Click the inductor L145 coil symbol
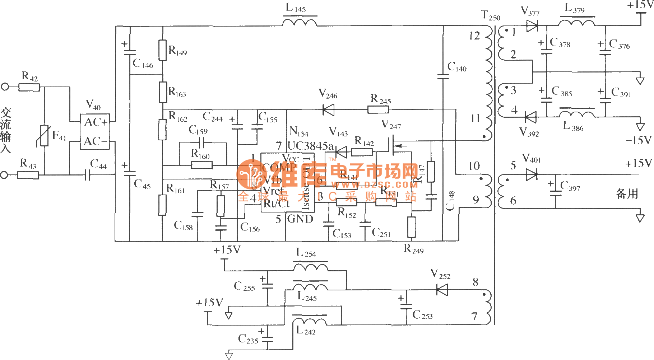tap(300, 23)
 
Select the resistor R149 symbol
tap(162, 50)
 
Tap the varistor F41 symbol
tap(44, 135)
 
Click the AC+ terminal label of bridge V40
tap(96, 122)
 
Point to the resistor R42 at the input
tap(29, 87)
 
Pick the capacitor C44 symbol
tap(87, 175)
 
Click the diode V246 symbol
tap(328, 109)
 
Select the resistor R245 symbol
tap(378, 109)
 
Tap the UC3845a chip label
tap(311, 146)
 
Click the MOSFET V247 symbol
tap(393, 145)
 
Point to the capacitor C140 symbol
tap(443, 76)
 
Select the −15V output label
tap(638, 140)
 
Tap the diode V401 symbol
tap(531, 175)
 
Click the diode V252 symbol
tap(442, 289)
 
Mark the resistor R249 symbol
tap(412, 227)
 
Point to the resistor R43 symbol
tap(28, 175)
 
